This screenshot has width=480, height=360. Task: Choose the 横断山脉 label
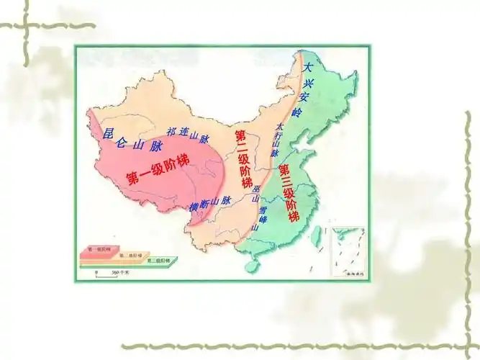click(209, 204)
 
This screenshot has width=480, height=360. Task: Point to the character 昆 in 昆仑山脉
click(109, 133)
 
